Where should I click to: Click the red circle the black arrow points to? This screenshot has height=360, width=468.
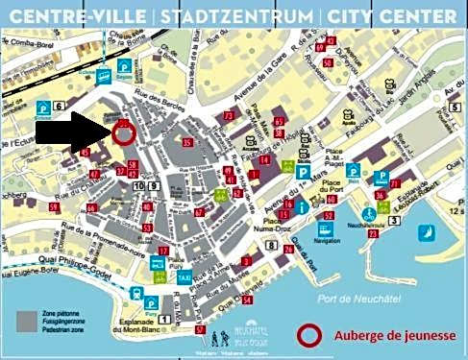click(123, 133)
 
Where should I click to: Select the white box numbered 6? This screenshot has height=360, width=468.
click(59, 107)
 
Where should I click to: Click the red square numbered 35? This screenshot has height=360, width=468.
click(186, 143)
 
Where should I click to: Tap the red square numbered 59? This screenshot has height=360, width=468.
click(55, 207)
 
